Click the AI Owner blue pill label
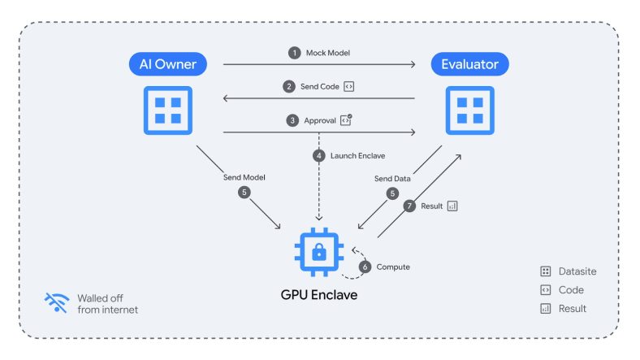pos(168,64)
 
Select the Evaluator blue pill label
pos(469,64)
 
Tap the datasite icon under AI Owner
pos(168,111)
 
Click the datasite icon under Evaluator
pos(469,111)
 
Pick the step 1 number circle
pos(294,53)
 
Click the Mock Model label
pos(328,53)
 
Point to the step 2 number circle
pos(289,86)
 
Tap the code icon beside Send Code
pos(348,86)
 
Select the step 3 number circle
pos(292,120)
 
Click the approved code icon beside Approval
pos(346,120)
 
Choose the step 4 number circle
pos(318,155)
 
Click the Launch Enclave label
pos(357,155)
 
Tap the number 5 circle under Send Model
pos(244,193)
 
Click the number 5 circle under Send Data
pos(392,193)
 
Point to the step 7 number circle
pos(409,206)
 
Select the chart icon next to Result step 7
pos(452,206)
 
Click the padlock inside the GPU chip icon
pos(318,252)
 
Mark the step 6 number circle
pos(365,267)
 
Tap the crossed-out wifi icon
pos(57,302)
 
